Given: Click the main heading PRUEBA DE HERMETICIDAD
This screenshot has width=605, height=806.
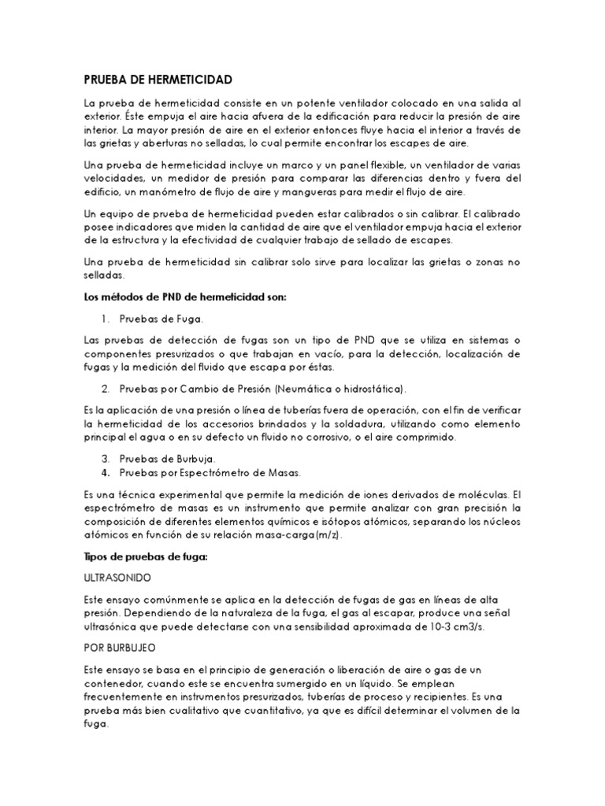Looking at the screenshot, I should pos(158,80).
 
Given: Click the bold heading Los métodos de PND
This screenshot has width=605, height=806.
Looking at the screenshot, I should pos(185,296).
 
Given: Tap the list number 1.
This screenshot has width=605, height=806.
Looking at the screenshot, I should pos(106,319).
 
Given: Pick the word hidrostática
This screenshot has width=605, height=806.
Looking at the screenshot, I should pos(373,389).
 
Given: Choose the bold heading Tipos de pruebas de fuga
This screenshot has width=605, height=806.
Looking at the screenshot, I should pos(145,556).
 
